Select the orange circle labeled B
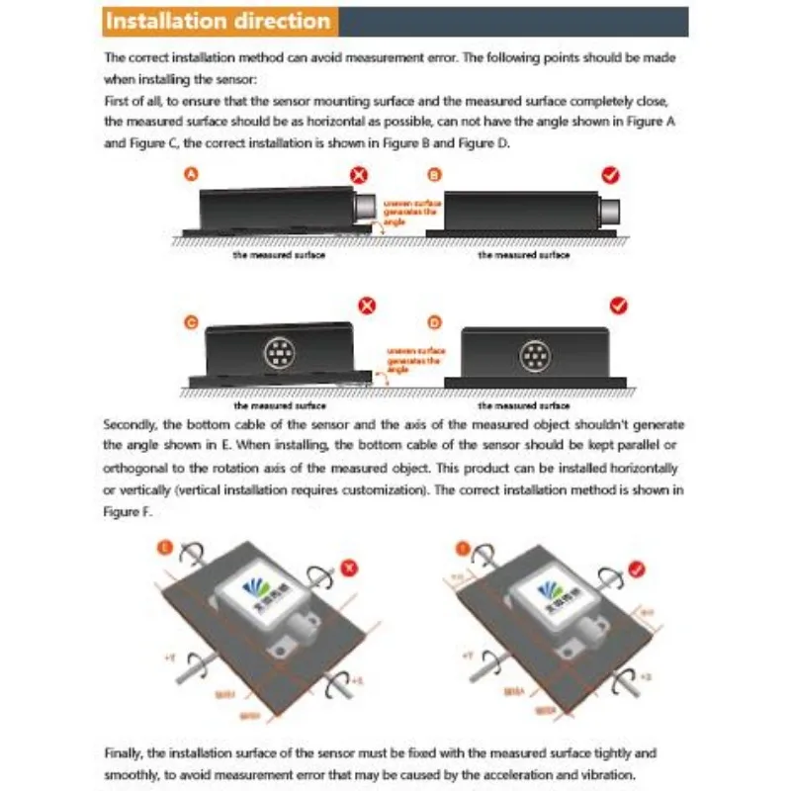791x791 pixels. (434, 174)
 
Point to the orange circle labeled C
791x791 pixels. (193, 321)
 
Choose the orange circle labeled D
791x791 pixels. (434, 321)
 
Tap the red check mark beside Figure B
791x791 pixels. (611, 175)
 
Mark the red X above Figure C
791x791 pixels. (368, 305)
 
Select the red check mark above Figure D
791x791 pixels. (620, 305)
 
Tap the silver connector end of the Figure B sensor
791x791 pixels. (609, 210)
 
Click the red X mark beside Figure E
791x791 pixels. (347, 568)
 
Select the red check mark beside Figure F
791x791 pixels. (639, 568)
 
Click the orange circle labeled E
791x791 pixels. (164, 545)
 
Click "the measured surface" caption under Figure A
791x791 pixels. (279, 254)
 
